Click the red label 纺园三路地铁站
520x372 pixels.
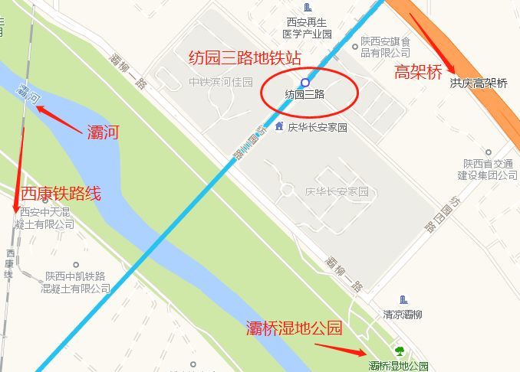pyautogui.click(x=245, y=58)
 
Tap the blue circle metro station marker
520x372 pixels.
pyautogui.click(x=305, y=82)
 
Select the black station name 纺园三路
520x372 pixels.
pyautogui.click(x=304, y=95)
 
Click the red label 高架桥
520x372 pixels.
pyautogui.click(x=418, y=73)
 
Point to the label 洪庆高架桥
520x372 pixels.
pyautogui.click(x=479, y=83)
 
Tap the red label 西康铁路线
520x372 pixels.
pyautogui.click(x=61, y=193)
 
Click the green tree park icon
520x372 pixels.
pyautogui.click(x=399, y=351)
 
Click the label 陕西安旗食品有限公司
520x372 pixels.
pyautogui.click(x=387, y=47)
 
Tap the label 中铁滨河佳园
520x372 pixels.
pyautogui.click(x=221, y=81)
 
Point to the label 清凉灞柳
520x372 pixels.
pyautogui.click(x=403, y=315)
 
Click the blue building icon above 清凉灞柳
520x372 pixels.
pyautogui.click(x=403, y=299)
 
